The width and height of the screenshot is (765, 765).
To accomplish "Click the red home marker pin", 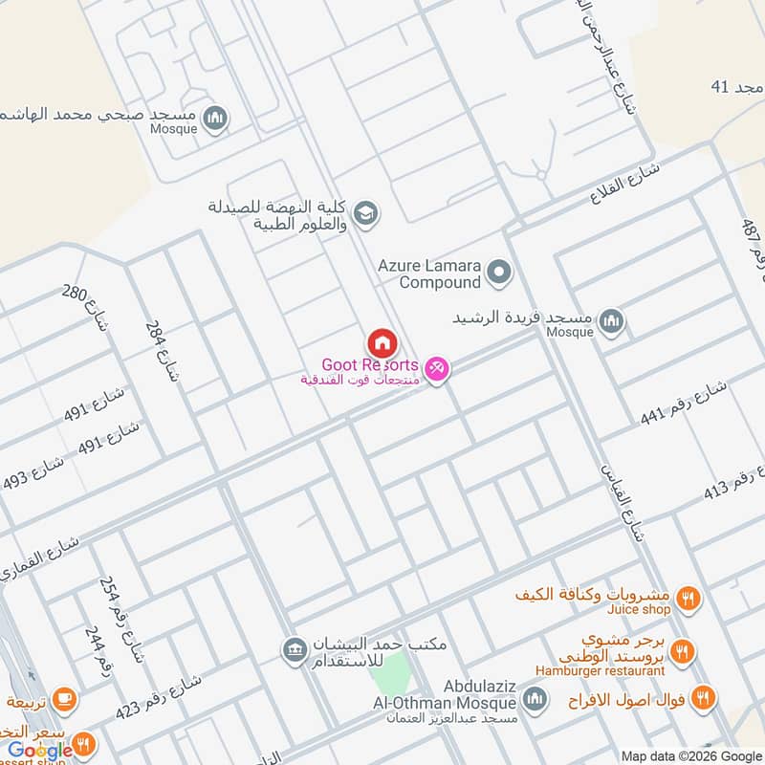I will click(382, 342).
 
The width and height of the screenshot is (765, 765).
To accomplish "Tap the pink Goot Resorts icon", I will click(436, 367).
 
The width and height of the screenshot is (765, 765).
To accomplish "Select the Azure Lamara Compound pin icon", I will click(497, 273).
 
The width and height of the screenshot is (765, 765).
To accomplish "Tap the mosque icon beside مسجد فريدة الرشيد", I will click(613, 322).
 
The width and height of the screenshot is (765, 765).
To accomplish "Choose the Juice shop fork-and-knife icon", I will click(687, 600).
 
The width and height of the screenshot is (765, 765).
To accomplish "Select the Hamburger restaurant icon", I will click(681, 652).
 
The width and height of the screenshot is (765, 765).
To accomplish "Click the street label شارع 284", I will click(163, 351).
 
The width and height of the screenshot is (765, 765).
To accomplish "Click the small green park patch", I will click(389, 675).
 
